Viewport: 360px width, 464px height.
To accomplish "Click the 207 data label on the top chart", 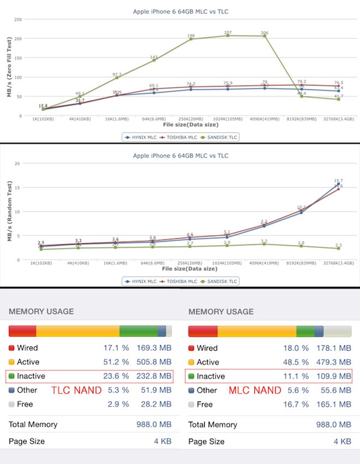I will [x=228, y=33].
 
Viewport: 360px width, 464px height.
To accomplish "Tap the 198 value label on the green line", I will [x=191, y=35].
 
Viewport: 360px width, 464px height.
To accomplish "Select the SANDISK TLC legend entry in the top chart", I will [x=221, y=136].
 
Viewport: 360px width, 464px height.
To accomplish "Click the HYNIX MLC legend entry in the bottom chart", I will [x=141, y=281].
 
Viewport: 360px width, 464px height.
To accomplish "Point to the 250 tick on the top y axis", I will [x=18, y=19].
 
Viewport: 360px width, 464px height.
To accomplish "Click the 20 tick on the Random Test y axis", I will [x=17, y=163].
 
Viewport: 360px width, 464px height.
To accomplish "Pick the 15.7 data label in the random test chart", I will [x=338, y=181].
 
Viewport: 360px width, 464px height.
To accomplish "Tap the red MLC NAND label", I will [x=255, y=390].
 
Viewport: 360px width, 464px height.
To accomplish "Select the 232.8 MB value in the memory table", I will [x=154, y=376].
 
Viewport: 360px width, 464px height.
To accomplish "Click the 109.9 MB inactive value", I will [x=334, y=376].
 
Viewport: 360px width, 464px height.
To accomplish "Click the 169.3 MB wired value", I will [x=154, y=348].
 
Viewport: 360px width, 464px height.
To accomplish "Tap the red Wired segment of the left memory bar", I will [x=22, y=331].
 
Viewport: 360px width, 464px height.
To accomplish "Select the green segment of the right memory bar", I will [x=305, y=331].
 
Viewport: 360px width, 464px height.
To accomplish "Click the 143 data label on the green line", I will [x=154, y=57].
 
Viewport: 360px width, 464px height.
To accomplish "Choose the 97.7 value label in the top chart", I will [x=117, y=74].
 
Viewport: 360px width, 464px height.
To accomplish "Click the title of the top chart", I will [x=180, y=11].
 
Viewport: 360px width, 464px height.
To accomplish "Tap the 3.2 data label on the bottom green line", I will [x=264, y=240].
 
